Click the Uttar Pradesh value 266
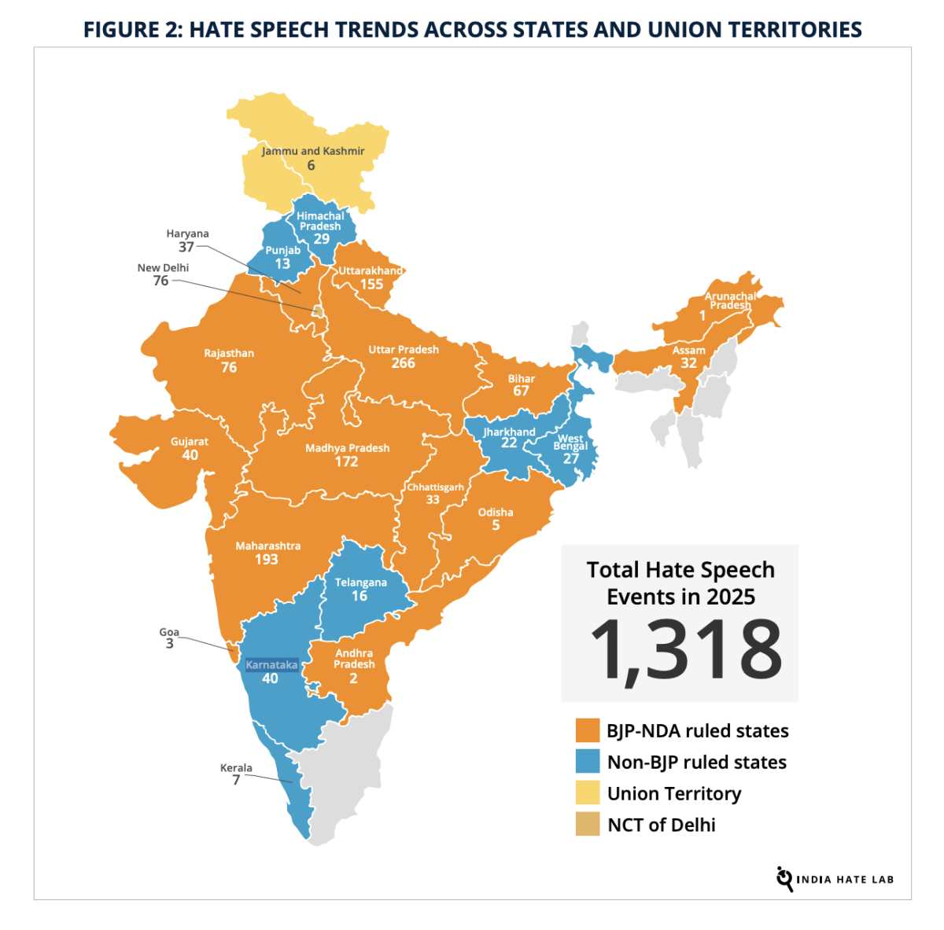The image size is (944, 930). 403,363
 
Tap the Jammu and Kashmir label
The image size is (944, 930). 313,151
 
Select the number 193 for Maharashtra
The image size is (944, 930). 267,560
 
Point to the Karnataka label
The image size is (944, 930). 271,665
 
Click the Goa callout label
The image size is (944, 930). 169,632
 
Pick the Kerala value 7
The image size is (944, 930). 236,781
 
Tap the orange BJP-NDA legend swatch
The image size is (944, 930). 588,730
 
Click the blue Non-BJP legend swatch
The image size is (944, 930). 588,762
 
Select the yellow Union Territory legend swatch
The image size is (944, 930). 588,793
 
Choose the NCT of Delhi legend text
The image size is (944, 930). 662,825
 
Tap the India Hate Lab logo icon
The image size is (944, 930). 784,878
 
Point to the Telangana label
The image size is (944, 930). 361,583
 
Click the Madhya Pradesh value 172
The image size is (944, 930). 346,462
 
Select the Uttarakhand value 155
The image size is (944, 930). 371,285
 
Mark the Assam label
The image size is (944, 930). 689,351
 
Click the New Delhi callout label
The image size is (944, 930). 163,268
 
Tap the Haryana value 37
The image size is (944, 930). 186,247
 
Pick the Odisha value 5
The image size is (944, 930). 496,526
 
